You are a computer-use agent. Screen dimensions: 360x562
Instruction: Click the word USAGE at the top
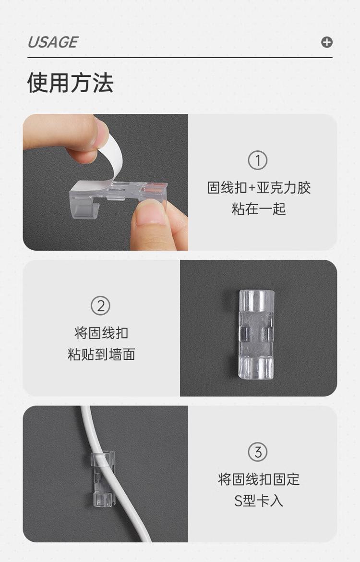[53, 42]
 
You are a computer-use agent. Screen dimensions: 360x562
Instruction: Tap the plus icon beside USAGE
[326, 42]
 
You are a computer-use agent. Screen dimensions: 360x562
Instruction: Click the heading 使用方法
[70, 83]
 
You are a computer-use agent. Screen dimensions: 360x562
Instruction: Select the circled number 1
[258, 160]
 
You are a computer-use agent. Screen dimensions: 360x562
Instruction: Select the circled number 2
[100, 306]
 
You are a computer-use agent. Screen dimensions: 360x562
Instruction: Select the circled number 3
[258, 452]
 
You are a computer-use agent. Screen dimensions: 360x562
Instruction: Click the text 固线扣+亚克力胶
[259, 188]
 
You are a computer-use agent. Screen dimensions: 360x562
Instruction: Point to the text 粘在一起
[259, 208]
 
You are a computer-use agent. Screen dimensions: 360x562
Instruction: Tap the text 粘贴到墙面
[101, 354]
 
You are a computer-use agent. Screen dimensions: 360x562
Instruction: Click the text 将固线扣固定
[259, 479]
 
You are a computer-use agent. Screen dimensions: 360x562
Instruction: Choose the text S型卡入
[259, 501]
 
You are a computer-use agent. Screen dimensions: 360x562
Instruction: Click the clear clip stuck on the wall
[256, 334]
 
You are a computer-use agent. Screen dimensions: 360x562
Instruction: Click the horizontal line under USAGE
[180, 57]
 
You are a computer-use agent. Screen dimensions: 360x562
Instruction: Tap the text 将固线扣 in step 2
[101, 333]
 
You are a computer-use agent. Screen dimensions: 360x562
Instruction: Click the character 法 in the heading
[103, 83]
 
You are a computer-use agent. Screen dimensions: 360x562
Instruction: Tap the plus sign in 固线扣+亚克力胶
[252, 188]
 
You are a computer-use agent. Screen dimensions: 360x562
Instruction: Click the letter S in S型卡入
[238, 501]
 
